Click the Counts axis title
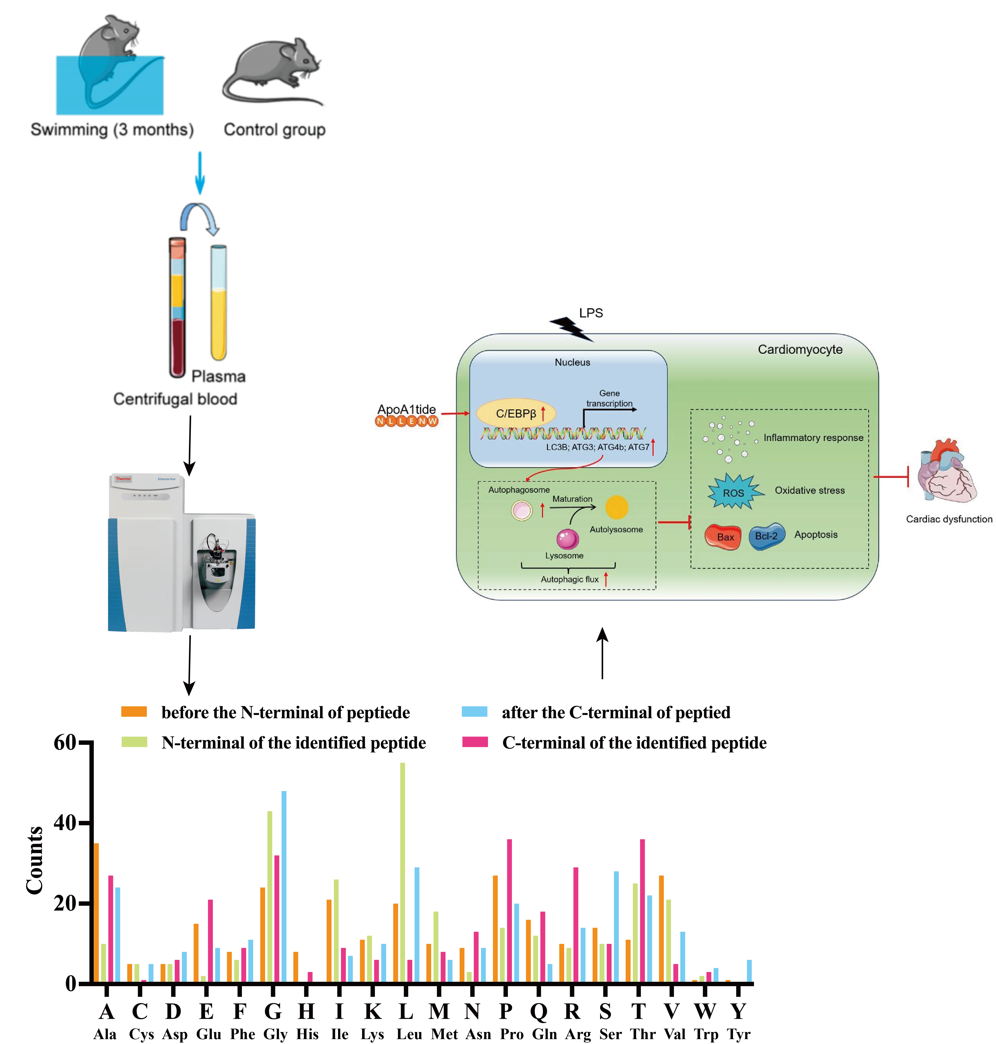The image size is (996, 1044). pyautogui.click(x=34, y=860)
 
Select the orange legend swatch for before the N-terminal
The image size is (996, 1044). pyautogui.click(x=134, y=712)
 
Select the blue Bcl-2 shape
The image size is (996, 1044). pyautogui.click(x=766, y=536)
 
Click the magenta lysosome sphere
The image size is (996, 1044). pyautogui.click(x=567, y=538)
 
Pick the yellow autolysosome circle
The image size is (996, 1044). pyautogui.click(x=616, y=507)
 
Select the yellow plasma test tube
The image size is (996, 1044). pyautogui.click(x=218, y=303)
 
